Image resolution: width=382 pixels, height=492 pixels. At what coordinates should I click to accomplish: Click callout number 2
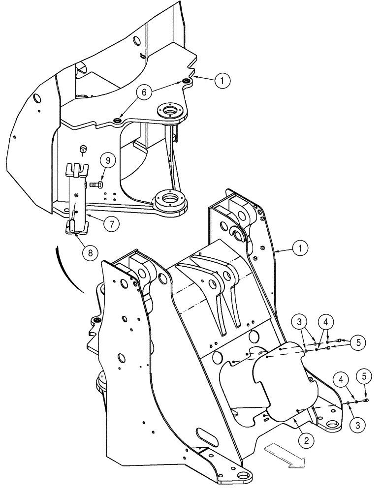click(x=306, y=441)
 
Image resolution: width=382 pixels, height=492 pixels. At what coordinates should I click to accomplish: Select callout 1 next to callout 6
click(x=223, y=81)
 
